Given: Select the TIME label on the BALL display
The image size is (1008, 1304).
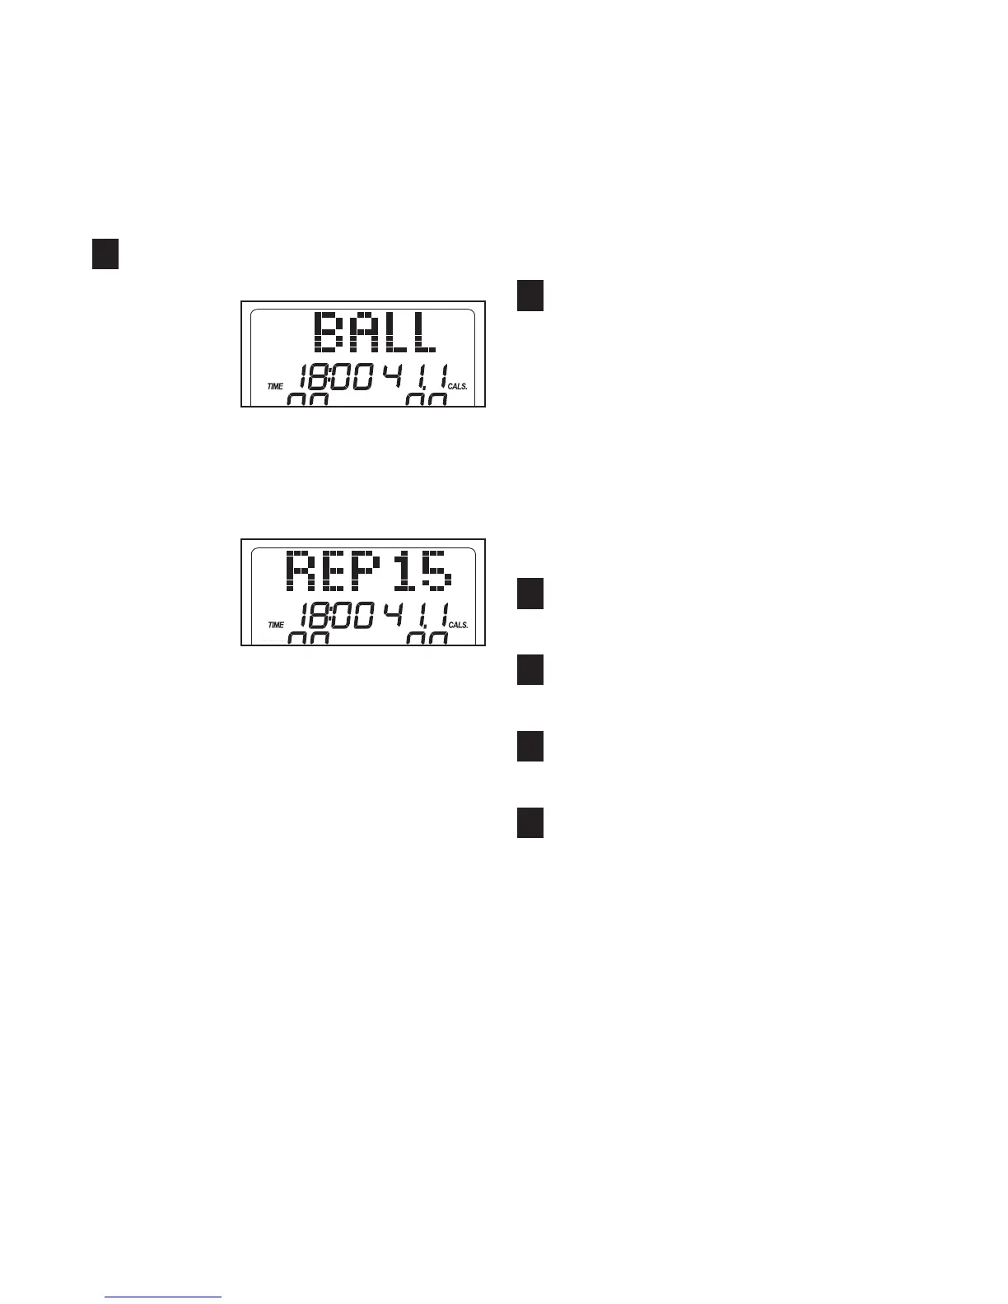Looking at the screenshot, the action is pyautogui.click(x=274, y=385).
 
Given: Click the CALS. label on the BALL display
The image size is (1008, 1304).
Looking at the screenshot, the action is pyautogui.click(x=458, y=385).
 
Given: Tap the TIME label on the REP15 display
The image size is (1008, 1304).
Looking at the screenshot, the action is pyautogui.click(x=274, y=625).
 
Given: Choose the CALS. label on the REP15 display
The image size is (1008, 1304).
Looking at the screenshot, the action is pyautogui.click(x=458, y=625).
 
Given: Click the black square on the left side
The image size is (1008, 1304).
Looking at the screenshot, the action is pyautogui.click(x=105, y=254).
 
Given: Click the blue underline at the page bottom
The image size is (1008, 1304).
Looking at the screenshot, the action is pyautogui.click(x=164, y=1297).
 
